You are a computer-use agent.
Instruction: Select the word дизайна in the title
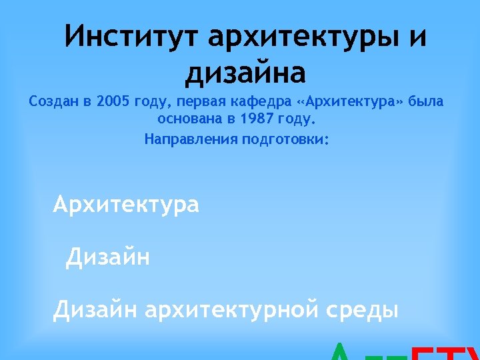(245, 72)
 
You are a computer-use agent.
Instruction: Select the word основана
(189, 120)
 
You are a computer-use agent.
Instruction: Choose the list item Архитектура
(126, 204)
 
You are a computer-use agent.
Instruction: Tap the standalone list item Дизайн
(108, 257)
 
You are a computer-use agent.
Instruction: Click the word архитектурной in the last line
(235, 309)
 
